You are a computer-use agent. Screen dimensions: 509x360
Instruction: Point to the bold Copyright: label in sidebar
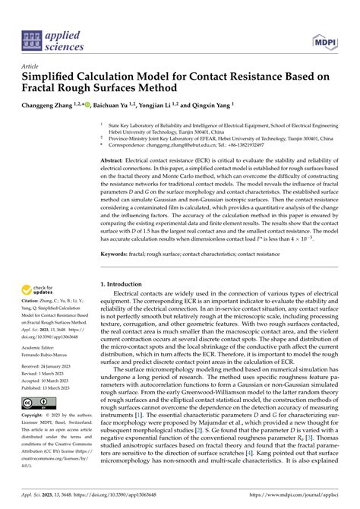tap(36, 416)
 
